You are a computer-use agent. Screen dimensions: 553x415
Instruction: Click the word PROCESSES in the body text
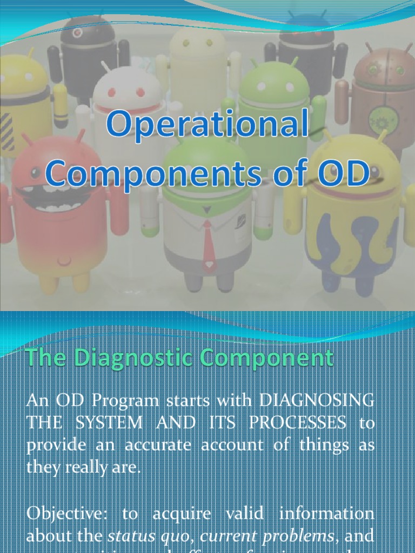tap(303, 423)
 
